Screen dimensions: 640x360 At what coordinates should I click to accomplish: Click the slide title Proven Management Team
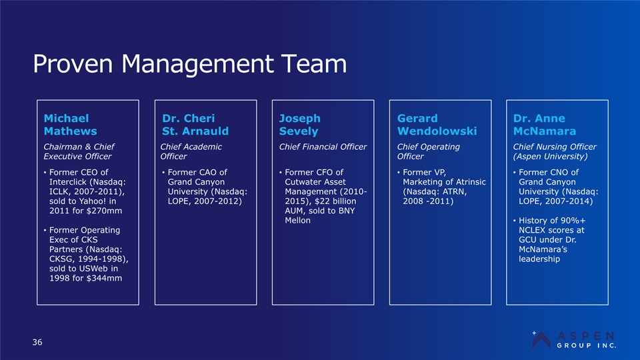pyautogui.click(x=190, y=64)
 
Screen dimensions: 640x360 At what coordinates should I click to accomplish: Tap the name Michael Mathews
pyautogui.click(x=70, y=125)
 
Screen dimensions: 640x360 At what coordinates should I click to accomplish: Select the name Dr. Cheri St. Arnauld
pyautogui.click(x=195, y=125)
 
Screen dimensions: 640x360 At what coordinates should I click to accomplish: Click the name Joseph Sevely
pyautogui.click(x=299, y=125)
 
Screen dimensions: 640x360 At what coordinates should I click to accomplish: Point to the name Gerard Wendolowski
pyautogui.click(x=437, y=125)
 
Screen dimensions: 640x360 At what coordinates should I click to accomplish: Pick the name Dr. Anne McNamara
pyautogui.click(x=545, y=125)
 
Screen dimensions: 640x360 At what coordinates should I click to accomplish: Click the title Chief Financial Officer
pyautogui.click(x=323, y=147)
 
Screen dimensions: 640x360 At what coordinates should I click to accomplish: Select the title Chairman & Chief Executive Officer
pyautogui.click(x=79, y=151)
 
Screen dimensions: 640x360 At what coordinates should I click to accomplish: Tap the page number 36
pyautogui.click(x=37, y=342)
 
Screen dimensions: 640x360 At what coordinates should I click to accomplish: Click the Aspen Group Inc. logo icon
pyautogui.click(x=541, y=339)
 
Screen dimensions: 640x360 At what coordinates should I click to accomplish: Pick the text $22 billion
pyautogui.click(x=335, y=201)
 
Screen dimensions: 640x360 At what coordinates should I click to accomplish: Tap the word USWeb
pyautogui.click(x=95, y=269)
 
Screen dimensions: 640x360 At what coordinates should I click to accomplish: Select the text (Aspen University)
pyautogui.click(x=551, y=156)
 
